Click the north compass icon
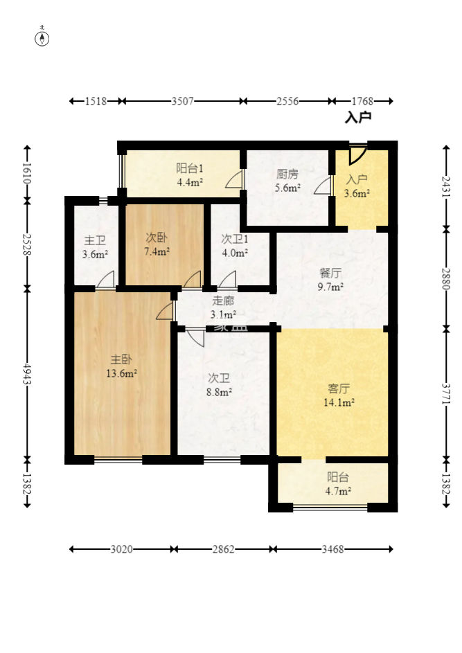[42, 39]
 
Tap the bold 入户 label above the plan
[358, 118]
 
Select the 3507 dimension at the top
[183, 101]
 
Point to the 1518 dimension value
[96, 101]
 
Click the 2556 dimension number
[288, 101]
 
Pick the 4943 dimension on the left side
[28, 374]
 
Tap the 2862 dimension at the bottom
[223, 549]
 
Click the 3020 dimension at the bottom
[122, 549]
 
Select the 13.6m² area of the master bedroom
[121, 373]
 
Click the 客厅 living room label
[339, 388]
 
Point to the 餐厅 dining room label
[331, 273]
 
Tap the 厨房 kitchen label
[287, 174]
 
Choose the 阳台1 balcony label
[190, 168]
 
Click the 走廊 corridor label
[223, 301]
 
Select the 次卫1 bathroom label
[235, 239]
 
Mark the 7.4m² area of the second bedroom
[157, 251]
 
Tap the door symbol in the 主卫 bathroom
[105, 278]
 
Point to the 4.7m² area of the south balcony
[338, 491]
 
